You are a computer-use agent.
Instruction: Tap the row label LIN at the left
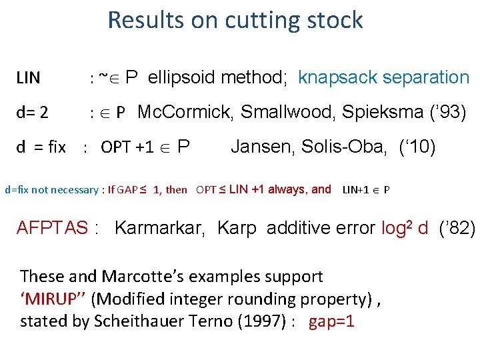[x=28, y=79]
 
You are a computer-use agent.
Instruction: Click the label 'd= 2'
[x=32, y=113]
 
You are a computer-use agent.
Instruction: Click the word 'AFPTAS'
[x=52, y=228]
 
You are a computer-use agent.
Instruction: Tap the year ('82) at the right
[x=457, y=228]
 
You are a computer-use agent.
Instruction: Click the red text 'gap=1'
[x=331, y=321]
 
